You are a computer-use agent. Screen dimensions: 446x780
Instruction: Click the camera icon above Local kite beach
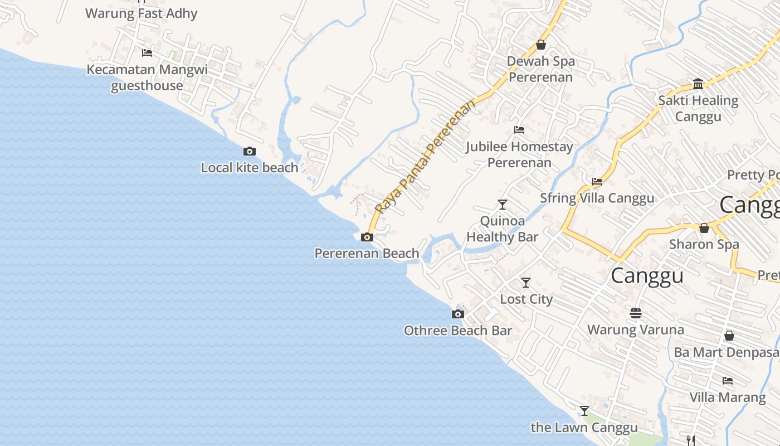coord(250,151)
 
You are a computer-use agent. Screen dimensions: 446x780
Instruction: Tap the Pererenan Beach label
coord(367,254)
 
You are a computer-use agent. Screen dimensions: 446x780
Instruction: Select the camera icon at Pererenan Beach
coord(367,237)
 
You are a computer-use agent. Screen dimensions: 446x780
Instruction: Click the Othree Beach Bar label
coord(457,331)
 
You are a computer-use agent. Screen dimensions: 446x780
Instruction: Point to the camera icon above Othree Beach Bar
coord(457,314)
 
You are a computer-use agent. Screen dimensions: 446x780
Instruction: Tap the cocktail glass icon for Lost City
coord(526,283)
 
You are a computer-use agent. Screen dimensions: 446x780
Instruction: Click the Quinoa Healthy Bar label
coord(502,229)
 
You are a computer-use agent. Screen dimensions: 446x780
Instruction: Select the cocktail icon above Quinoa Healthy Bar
coord(503,205)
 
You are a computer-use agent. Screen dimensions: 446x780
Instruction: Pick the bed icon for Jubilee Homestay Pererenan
coord(519,130)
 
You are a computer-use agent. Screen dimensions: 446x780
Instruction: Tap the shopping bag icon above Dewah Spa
coord(540,45)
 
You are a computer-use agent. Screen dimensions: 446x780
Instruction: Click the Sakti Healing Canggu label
coord(698,109)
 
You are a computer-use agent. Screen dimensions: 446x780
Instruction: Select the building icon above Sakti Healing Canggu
coord(698,84)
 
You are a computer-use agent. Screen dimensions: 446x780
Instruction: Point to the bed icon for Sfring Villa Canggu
coord(597,182)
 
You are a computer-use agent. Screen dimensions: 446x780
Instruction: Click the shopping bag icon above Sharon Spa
coord(704,228)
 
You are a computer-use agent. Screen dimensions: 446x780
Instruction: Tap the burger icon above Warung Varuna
coord(636,313)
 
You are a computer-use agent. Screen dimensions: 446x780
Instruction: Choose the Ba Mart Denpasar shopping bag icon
coord(729,336)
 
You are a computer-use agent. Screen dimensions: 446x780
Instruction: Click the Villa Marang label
coord(727,397)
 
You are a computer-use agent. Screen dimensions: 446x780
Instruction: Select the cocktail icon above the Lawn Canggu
coord(584,411)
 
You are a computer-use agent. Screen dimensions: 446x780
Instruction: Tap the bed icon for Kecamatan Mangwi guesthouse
coord(147,53)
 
